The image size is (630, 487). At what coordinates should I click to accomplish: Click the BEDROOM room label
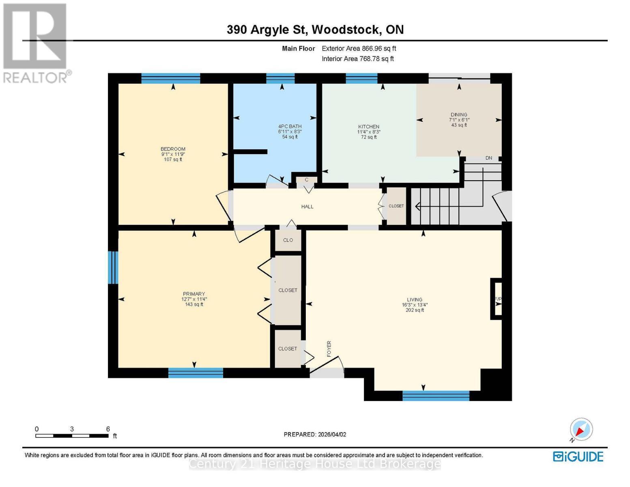(x=173, y=149)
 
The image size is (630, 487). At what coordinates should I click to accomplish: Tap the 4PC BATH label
(x=290, y=126)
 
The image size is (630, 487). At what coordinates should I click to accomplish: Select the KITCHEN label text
(x=368, y=127)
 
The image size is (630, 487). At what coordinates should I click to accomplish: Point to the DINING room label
(x=459, y=114)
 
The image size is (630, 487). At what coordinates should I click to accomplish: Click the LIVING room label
(x=415, y=300)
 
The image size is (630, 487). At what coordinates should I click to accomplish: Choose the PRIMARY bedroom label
(x=194, y=294)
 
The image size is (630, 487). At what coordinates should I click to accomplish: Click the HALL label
(x=307, y=207)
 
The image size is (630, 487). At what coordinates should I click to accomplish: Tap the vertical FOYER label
(x=329, y=349)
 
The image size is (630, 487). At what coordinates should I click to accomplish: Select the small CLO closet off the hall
(x=288, y=240)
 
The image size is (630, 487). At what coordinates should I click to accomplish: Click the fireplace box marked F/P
(x=497, y=299)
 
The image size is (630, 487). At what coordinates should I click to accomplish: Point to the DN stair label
(x=488, y=158)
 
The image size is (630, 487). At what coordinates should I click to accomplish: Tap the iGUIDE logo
(x=578, y=457)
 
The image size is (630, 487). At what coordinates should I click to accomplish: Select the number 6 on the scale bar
(x=108, y=429)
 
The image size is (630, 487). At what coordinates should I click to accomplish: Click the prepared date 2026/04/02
(x=332, y=434)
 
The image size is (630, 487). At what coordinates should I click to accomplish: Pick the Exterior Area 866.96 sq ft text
(x=359, y=48)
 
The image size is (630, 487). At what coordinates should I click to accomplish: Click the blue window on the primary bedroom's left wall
(x=113, y=267)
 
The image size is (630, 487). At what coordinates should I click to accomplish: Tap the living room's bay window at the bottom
(x=436, y=395)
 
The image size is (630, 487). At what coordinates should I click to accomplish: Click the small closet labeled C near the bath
(x=306, y=180)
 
